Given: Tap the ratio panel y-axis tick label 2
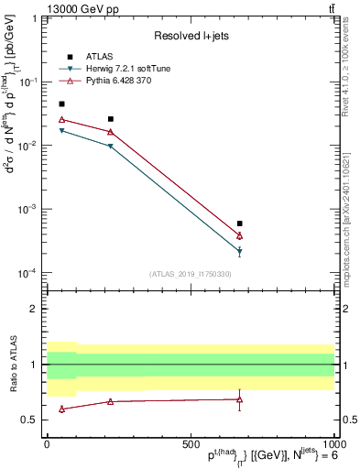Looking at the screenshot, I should point(32,309).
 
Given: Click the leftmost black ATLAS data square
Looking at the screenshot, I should point(61,104).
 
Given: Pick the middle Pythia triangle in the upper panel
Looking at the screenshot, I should point(111,132).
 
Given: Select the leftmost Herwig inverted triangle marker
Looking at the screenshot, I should point(61,131).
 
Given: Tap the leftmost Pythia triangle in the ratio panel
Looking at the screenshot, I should point(61,409).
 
